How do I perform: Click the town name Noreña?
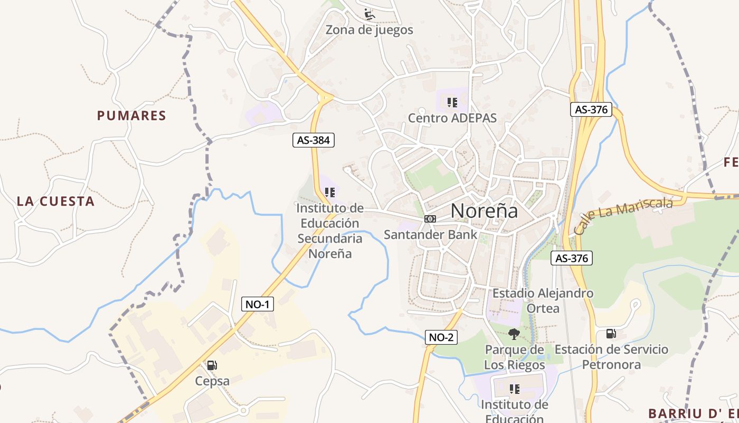point(484,211)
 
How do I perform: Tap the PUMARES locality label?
point(131,116)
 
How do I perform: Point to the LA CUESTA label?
point(55,201)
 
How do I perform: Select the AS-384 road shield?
point(314,140)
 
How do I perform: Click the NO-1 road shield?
point(258,304)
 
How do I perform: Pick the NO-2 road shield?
point(441,337)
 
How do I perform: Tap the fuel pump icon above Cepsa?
point(212,365)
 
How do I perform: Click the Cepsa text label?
point(212,381)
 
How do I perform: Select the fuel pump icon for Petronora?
point(611,333)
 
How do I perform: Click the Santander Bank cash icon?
point(430,219)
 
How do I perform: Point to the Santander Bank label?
point(430,234)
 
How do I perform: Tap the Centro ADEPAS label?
point(452,118)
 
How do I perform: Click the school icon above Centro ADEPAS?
point(452,102)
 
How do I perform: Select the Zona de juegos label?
point(369,30)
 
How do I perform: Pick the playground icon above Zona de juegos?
point(369,14)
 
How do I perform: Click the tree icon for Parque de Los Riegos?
point(514,334)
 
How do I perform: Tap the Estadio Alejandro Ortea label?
point(543,300)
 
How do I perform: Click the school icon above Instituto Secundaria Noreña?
point(330,192)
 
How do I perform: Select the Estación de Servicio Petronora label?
point(611,357)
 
